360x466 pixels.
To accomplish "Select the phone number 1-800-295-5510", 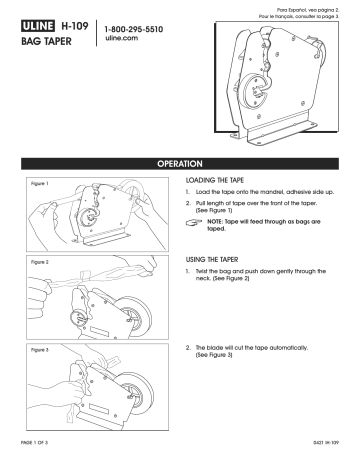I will pos(141,29).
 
